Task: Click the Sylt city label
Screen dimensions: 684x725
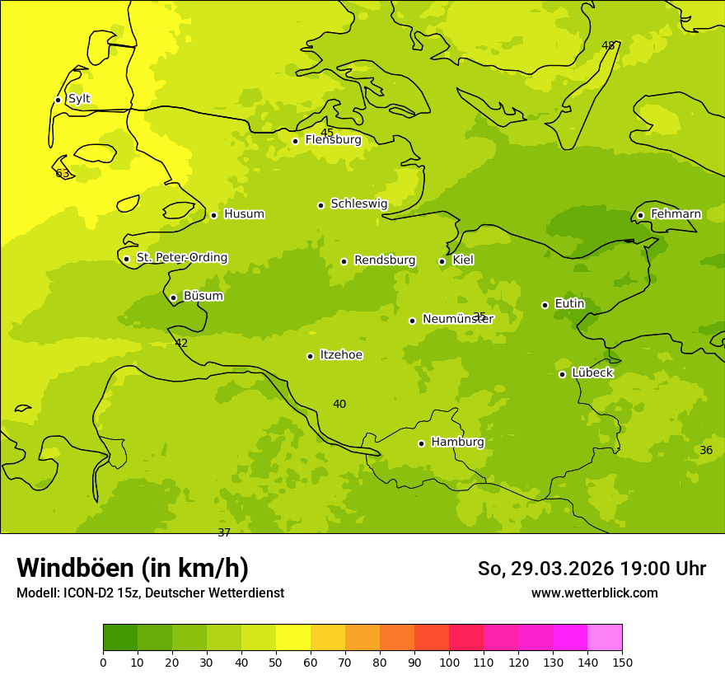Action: point(79,99)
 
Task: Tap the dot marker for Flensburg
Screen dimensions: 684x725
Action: point(295,141)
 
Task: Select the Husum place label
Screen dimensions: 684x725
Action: point(244,214)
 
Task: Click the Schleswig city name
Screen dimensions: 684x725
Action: point(358,204)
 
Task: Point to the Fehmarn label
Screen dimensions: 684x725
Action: point(676,214)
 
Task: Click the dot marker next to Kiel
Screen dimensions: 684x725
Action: point(442,261)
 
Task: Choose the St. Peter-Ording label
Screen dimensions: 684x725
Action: point(181,258)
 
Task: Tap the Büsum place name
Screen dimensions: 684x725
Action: point(203,296)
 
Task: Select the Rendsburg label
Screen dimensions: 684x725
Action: point(384,260)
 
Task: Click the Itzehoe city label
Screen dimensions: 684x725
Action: point(341,355)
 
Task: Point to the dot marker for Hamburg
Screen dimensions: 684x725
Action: point(421,443)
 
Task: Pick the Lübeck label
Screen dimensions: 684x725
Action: point(592,372)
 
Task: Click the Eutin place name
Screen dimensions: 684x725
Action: point(569,304)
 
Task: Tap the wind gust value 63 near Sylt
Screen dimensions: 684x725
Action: point(63,174)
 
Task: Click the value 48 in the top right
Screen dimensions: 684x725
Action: point(608,45)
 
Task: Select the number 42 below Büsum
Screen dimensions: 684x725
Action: point(181,344)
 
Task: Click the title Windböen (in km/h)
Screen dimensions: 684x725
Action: point(133,568)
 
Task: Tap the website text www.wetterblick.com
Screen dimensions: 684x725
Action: point(594,593)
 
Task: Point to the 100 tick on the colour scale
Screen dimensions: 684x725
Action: point(449,662)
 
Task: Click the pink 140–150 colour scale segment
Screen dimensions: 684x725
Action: point(605,638)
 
